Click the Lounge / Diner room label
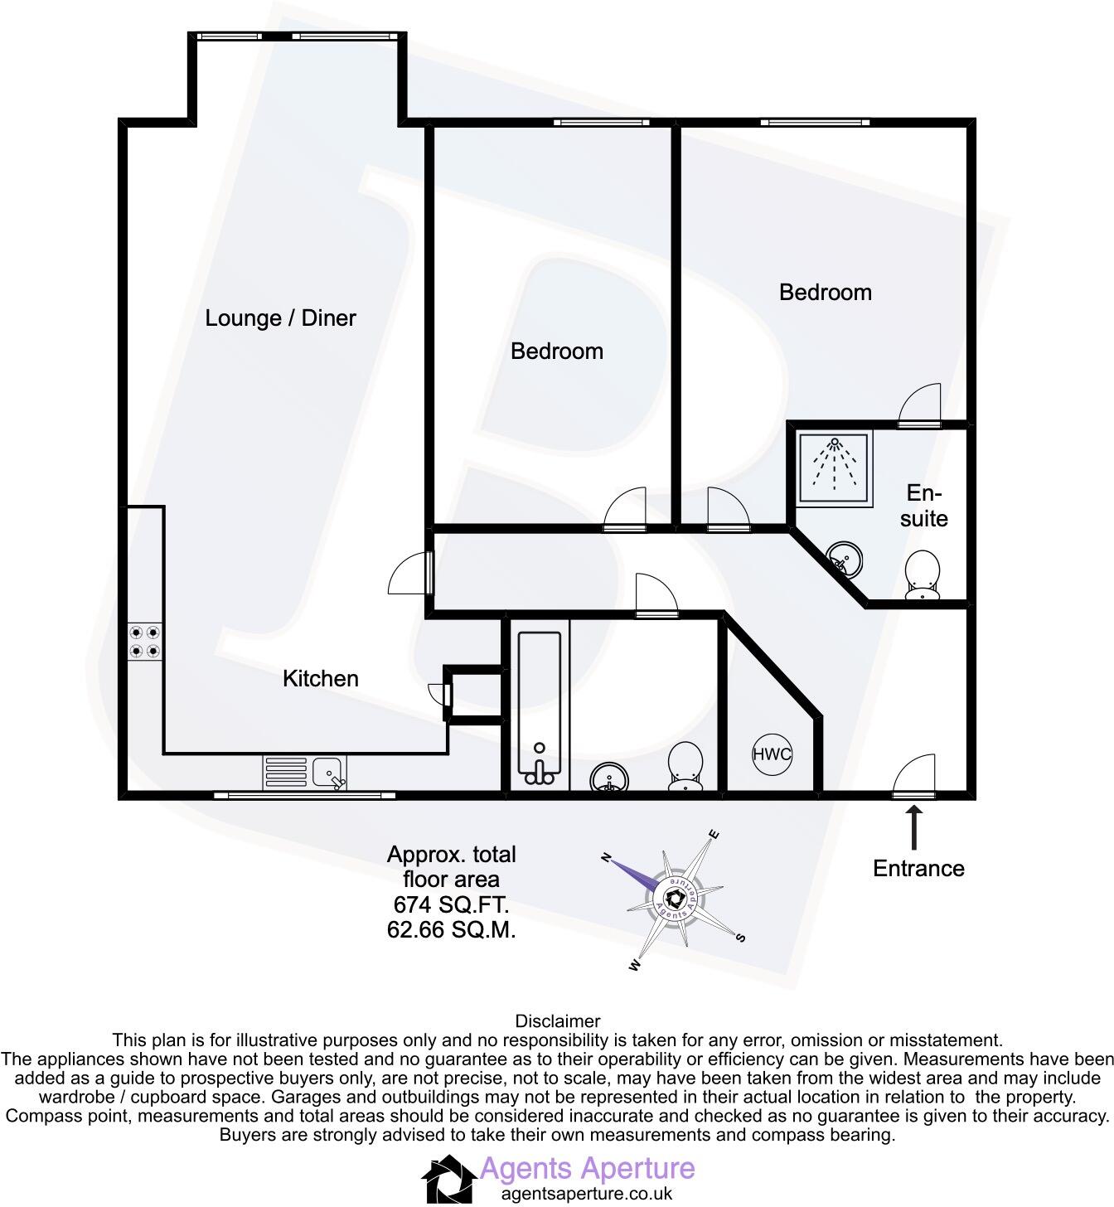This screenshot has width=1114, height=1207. point(280,318)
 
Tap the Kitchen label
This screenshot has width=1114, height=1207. point(320,679)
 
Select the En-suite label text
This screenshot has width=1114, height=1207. point(923,506)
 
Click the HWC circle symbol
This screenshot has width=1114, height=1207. point(772,754)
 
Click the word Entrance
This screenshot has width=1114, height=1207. point(918,869)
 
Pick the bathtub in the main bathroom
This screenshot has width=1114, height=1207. point(540,709)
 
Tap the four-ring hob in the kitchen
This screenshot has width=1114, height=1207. point(145,642)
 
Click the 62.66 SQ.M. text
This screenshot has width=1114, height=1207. point(451,930)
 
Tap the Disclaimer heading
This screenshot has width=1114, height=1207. point(557,1021)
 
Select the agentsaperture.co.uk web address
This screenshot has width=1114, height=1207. point(587,1195)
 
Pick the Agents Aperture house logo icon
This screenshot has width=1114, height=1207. point(449,1179)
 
